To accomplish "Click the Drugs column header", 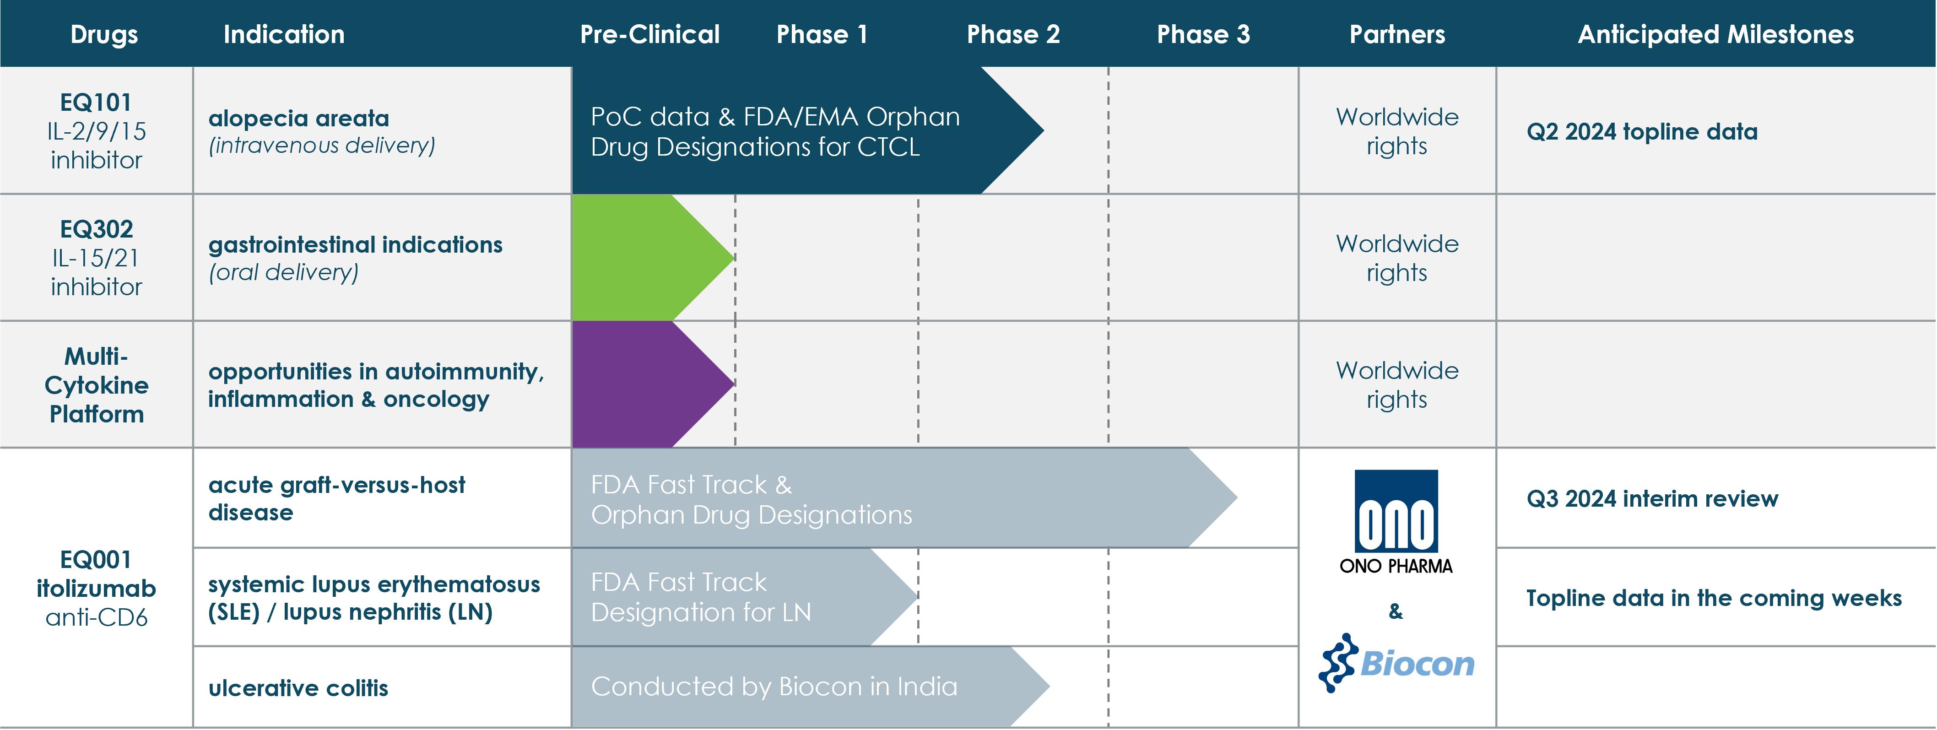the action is [x=104, y=35].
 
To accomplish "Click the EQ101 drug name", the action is [x=96, y=102].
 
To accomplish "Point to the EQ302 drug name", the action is [x=96, y=228].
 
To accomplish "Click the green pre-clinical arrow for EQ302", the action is [x=653, y=258].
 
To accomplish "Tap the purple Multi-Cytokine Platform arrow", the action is [x=653, y=384].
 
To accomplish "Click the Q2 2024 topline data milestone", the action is [x=1642, y=131].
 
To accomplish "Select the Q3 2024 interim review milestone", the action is [x=1652, y=498].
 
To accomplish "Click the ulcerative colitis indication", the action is [x=298, y=688].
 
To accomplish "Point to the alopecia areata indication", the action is [x=298, y=118].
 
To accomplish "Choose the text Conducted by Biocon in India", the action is [x=774, y=687].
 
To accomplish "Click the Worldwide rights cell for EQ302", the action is [x=1397, y=258].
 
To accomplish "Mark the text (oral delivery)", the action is [x=283, y=272].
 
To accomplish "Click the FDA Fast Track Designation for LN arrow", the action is [x=744, y=597].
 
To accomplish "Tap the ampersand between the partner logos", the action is [x=1396, y=611].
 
